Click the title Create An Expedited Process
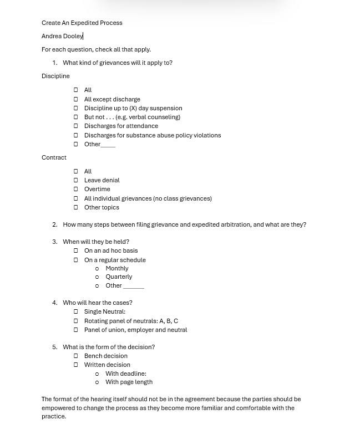coord(82,23)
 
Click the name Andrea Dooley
coord(62,36)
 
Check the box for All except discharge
coord(76,99)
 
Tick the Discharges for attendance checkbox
coord(76,126)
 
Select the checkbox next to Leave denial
coord(76,180)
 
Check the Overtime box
coord(76,189)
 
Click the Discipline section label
coord(55,76)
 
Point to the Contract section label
coord(54,157)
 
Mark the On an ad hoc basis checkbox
coord(76,250)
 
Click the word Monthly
coord(116,268)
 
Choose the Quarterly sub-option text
coord(119,277)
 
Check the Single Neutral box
coord(76,311)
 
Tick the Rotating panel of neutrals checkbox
coord(76,321)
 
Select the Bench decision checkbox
coord(76,356)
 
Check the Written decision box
coord(76,365)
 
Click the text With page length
coord(129,382)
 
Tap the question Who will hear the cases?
coord(97,303)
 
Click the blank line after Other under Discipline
coord(108,145)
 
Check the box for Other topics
coord(76,207)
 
